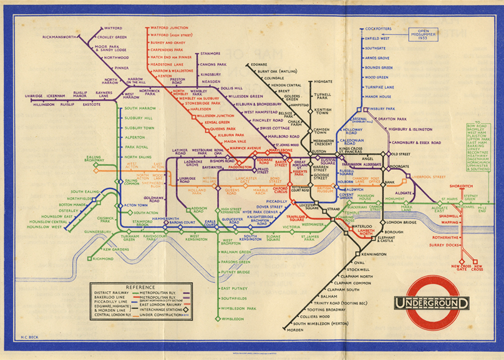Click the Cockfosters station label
[x=379, y=29]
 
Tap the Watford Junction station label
[x=169, y=27]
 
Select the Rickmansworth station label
[x=59, y=37]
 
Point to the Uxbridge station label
[x=34, y=96]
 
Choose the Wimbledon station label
[x=233, y=319]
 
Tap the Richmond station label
[x=103, y=258]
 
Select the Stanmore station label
[x=210, y=54]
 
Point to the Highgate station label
[x=323, y=82]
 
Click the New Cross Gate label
[x=458, y=269]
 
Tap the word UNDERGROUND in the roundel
[x=430, y=304]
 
